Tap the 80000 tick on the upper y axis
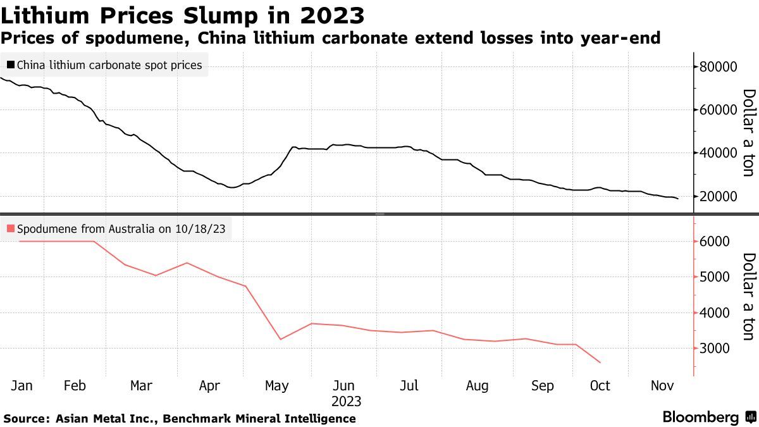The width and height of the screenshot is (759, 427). point(719,66)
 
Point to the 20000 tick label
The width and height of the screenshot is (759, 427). point(719,196)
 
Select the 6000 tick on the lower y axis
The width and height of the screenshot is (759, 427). point(714,242)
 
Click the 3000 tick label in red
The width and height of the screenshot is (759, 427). point(714,349)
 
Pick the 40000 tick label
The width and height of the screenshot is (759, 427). point(719,153)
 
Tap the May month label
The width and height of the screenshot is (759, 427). point(276,385)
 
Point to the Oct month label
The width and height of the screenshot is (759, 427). point(599,385)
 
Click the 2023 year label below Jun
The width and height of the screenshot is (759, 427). point(346,402)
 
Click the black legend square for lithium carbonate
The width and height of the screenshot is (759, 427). point(11,65)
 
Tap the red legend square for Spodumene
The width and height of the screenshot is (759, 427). point(11,229)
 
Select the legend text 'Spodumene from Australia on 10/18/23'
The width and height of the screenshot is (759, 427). point(121,229)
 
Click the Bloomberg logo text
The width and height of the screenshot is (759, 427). point(700,418)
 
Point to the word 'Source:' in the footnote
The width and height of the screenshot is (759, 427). point(26,419)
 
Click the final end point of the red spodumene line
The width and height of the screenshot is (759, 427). point(600,362)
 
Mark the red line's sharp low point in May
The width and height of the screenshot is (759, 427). point(280,339)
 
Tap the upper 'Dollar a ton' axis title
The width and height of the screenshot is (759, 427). point(748,133)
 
